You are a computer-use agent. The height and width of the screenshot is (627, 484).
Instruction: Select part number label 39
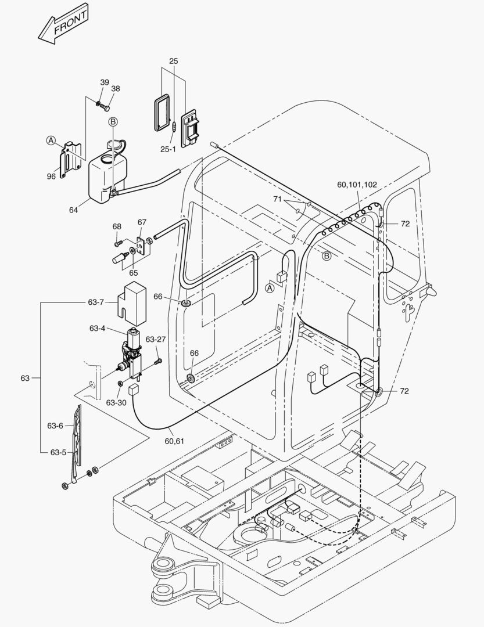(104, 82)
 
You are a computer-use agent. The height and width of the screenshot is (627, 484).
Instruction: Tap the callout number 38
(116, 89)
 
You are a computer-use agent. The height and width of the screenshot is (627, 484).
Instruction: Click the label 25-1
(168, 149)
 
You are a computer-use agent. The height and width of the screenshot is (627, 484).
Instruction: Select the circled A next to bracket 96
(51, 140)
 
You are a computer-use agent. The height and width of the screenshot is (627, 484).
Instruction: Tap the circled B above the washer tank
(113, 121)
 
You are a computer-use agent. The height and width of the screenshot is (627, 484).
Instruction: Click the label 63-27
(156, 339)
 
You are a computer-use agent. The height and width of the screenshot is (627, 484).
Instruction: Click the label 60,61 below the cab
(174, 441)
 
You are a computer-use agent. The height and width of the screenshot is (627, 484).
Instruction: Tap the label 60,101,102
(357, 185)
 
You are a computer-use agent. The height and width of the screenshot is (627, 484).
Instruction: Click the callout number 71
(277, 199)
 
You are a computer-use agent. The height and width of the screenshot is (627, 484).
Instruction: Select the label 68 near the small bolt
(117, 226)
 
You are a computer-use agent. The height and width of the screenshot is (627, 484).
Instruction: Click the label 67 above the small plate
(142, 222)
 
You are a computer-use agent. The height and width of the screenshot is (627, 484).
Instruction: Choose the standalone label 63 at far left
(24, 378)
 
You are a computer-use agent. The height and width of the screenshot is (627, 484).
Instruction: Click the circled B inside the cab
(327, 255)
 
